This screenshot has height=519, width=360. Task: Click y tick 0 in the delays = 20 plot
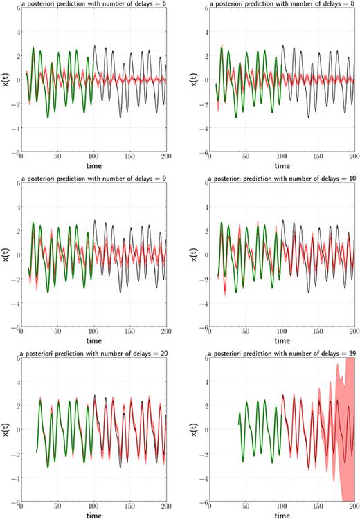point(17,430)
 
